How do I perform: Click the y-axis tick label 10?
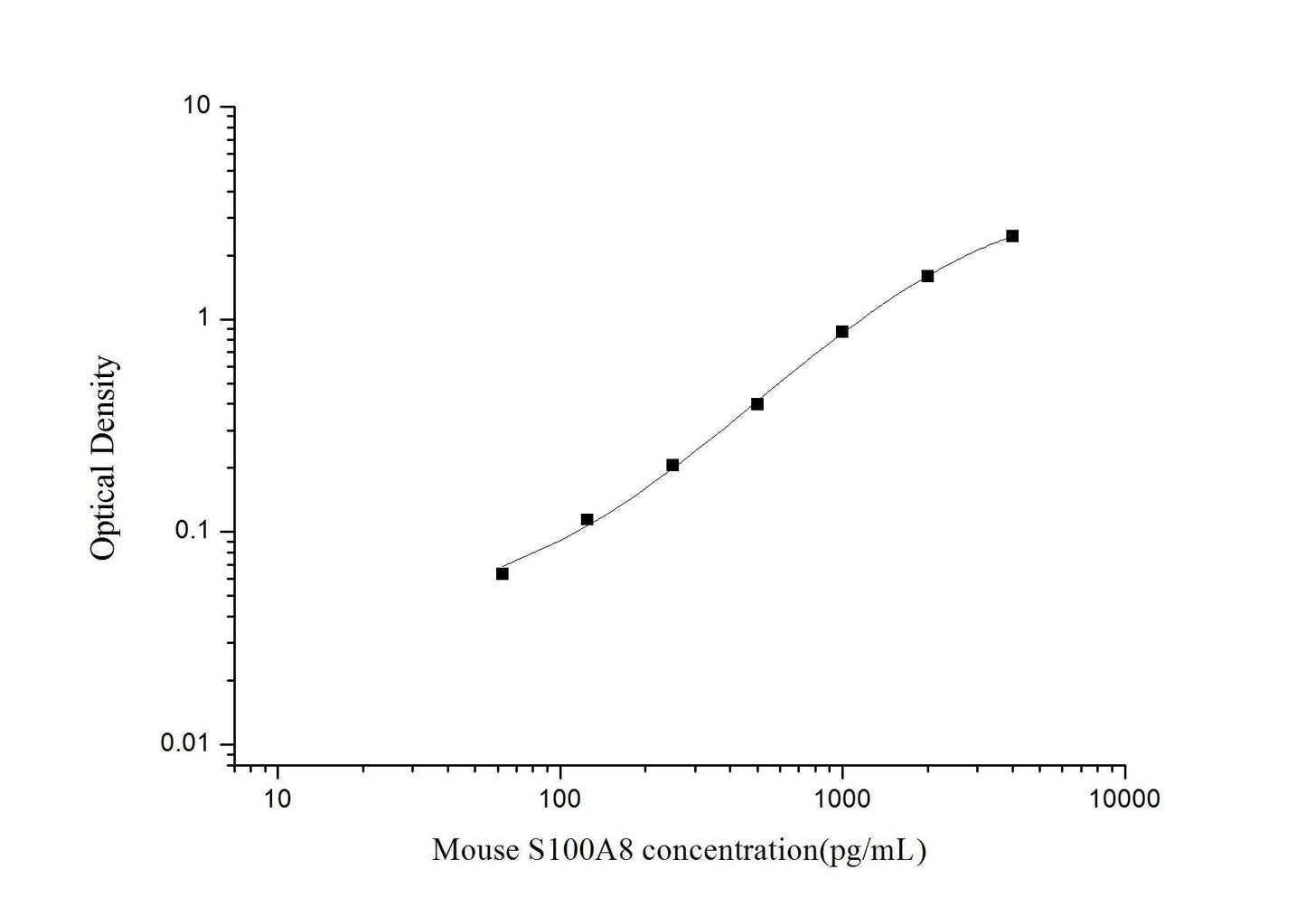pos(196,107)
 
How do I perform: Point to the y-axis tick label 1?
pos(203,319)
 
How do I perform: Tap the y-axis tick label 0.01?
pos(184,743)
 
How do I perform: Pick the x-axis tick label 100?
pos(560,799)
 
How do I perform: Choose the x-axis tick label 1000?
pos(842,799)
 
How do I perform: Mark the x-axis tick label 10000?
pos(1124,799)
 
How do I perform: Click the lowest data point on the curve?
pos(503,573)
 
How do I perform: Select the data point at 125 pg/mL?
pos(587,519)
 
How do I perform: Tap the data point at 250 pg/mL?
pos(672,465)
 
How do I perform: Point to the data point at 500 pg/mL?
pos(757,403)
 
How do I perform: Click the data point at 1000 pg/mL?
pos(842,332)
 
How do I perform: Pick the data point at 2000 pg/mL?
pos(927,276)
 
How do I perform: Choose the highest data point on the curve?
pos(1012,236)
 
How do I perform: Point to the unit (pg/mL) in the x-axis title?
pos(872,851)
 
